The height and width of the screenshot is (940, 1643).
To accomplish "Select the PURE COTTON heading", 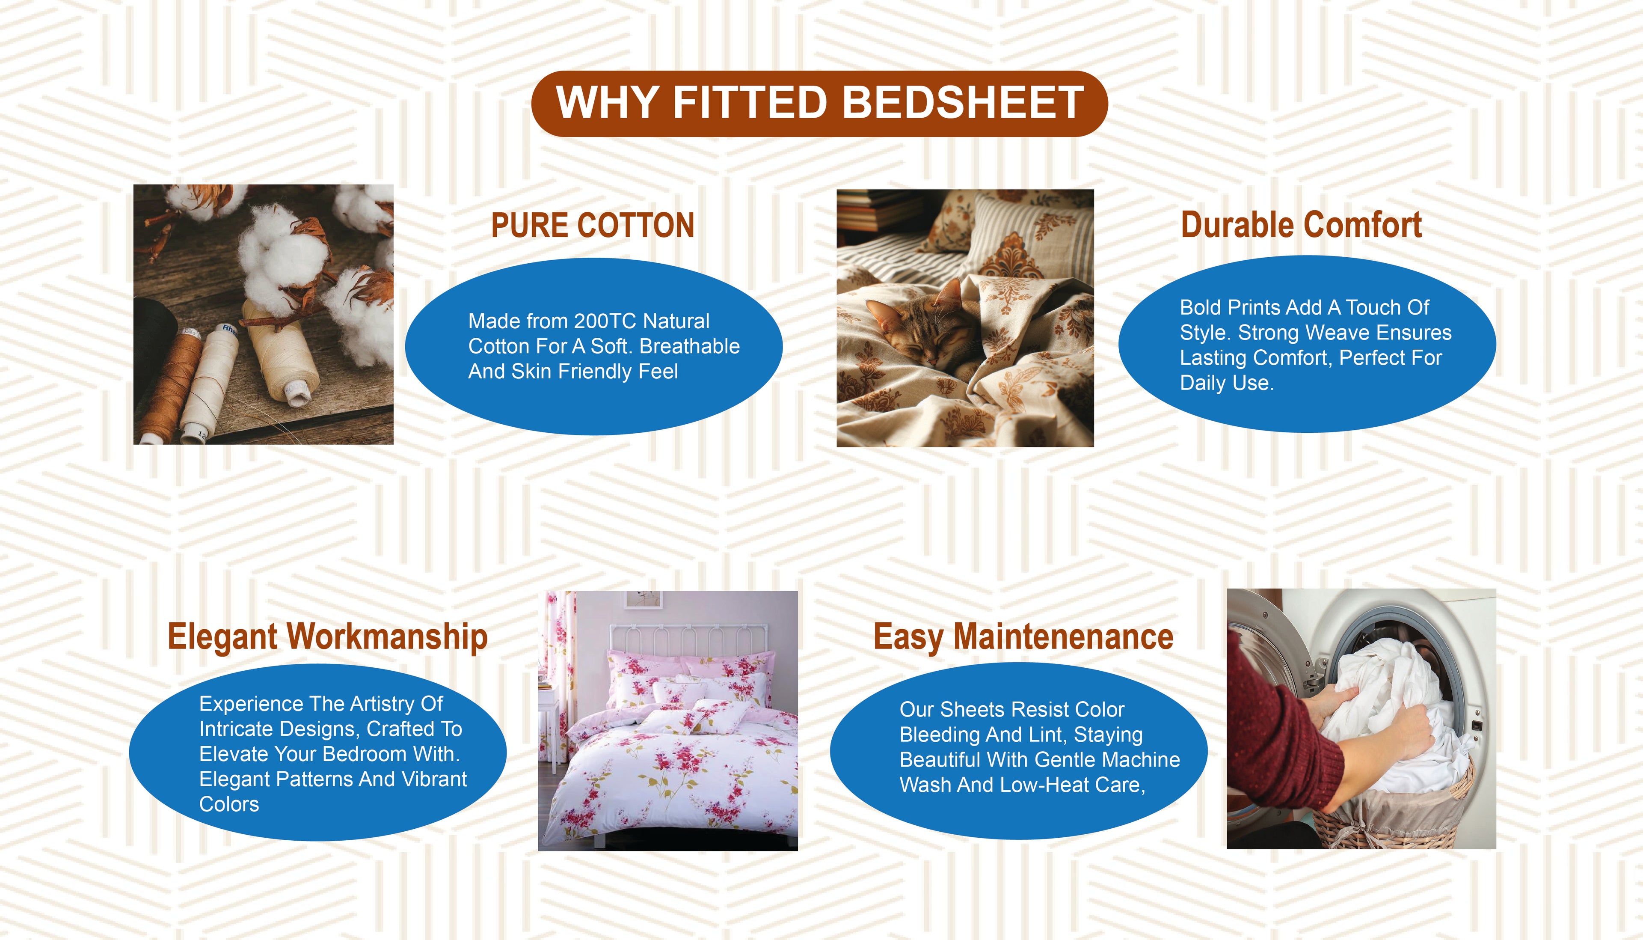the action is click(x=593, y=225).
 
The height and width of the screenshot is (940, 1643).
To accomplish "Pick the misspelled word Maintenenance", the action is click(x=1064, y=637).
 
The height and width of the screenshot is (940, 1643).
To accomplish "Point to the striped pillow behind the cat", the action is click(x=1032, y=236).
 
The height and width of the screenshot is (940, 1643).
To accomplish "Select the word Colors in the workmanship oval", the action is click(x=229, y=804).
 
